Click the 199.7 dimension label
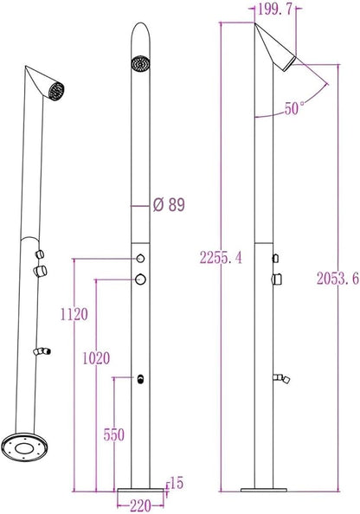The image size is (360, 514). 274,10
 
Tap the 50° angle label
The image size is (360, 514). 294,108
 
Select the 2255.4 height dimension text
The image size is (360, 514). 221,258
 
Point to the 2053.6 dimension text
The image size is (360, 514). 337,279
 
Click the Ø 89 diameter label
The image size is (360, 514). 169,205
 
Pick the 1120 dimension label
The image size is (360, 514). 74,314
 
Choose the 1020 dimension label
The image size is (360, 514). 96,358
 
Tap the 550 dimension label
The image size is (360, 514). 114,435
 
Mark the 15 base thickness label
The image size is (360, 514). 177,483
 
